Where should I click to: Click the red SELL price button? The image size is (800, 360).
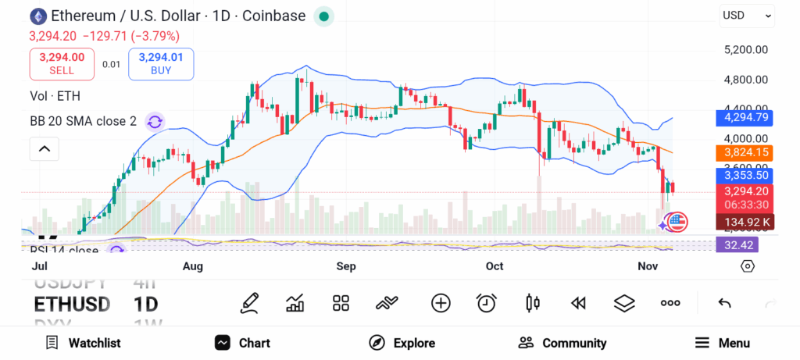click(62, 63)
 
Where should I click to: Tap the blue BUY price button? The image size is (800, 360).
click(161, 63)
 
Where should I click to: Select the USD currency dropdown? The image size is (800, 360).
click(747, 15)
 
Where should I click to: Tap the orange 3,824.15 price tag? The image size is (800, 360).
click(745, 153)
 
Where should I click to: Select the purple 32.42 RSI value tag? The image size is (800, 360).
click(737, 245)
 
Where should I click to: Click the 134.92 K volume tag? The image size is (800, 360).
click(745, 222)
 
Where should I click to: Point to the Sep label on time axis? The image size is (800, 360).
click(346, 266)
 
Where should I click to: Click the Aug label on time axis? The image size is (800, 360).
click(193, 266)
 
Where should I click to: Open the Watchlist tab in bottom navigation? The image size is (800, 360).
click(83, 343)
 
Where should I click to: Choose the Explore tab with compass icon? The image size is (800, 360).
click(402, 343)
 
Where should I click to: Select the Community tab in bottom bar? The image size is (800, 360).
click(562, 343)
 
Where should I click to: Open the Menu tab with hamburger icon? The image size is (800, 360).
click(723, 343)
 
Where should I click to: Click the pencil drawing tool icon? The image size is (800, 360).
click(250, 303)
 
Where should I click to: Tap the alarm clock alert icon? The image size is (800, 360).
click(487, 303)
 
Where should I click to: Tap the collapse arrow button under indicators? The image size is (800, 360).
click(45, 148)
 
